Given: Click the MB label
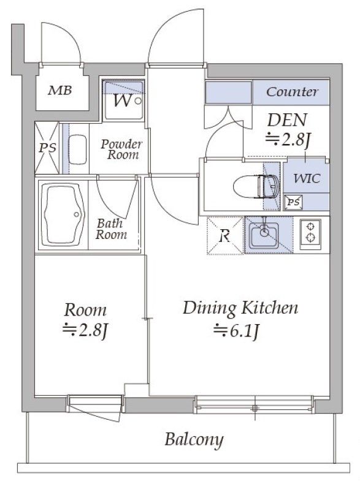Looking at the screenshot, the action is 60,90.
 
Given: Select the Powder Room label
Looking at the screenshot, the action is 121,150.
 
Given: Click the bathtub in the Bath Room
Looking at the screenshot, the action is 63,214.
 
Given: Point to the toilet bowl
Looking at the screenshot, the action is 256,186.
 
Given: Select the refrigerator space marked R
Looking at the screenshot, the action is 226,235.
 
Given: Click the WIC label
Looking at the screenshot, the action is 306,178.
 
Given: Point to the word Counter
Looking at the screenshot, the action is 292,92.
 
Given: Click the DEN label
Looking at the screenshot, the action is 287,120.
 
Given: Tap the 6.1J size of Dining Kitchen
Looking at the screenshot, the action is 237,331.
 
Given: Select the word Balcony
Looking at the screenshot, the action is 194,440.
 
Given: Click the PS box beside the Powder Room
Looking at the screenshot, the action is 47,148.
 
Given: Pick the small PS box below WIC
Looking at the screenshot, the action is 293,202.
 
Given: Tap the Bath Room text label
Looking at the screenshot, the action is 111,229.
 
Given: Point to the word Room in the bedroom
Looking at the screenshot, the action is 85,310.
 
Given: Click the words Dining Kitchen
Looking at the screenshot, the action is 240,308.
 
